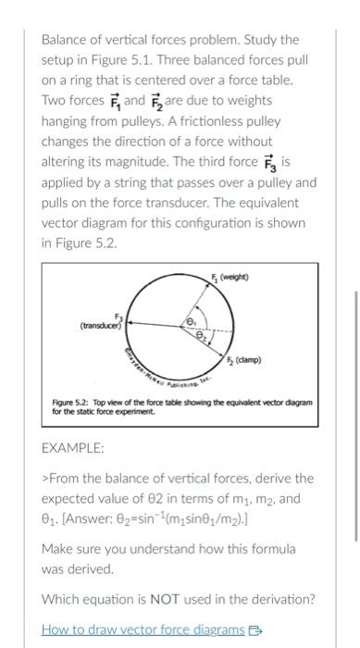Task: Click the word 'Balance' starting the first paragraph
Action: pyautogui.click(x=66, y=40)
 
